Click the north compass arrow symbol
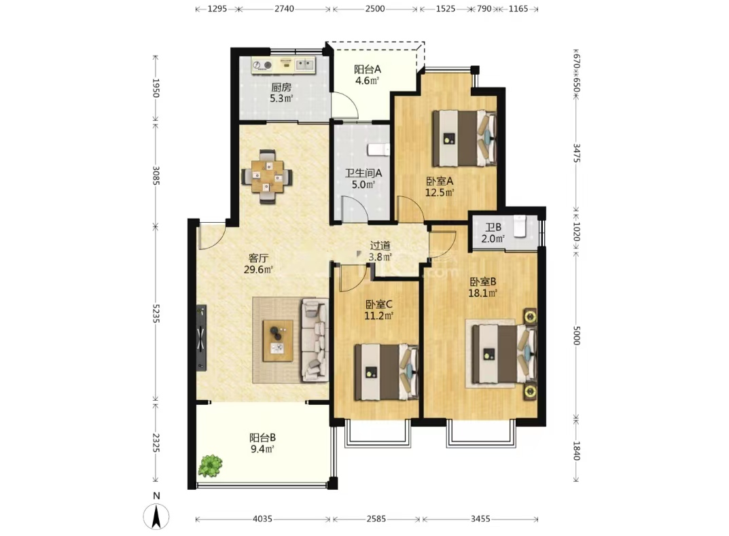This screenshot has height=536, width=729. [156, 516]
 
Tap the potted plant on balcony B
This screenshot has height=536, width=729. [210, 466]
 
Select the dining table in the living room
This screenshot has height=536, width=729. [267, 176]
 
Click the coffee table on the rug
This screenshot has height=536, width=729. [278, 340]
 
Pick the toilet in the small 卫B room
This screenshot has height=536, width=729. [519, 226]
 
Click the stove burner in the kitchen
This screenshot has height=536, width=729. [263, 65]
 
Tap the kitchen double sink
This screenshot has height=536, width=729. [305, 64]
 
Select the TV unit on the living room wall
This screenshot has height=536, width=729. [201, 338]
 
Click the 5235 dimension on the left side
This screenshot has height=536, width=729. [156, 313]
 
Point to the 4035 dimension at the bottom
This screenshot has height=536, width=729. [262, 519]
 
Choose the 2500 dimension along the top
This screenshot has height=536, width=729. [375, 8]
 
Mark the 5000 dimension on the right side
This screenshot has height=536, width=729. [576, 335]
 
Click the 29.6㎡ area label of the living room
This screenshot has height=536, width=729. [258, 269]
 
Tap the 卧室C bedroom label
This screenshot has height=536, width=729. [379, 304]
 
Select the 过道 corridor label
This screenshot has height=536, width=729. [380, 245]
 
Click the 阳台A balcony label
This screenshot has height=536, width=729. [368, 69]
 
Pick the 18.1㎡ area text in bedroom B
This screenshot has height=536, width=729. [482, 293]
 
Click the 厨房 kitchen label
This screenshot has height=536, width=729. [281, 87]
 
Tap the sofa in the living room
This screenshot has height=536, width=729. [315, 340]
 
